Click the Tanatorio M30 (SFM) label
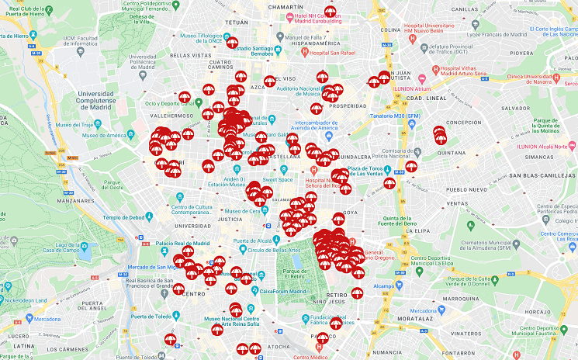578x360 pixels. coord(389,116)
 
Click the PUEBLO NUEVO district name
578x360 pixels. coord(466,189)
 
